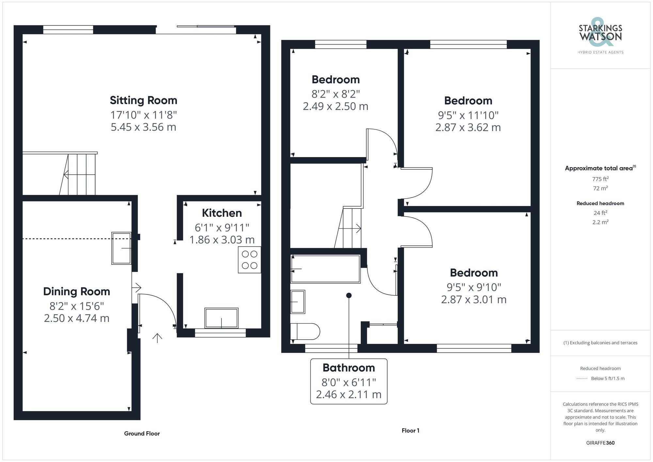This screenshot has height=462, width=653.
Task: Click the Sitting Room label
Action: (143, 100)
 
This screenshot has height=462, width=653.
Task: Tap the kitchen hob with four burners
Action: (249, 260)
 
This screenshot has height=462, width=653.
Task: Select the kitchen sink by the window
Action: (221, 318)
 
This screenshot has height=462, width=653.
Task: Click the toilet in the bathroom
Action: (305, 331)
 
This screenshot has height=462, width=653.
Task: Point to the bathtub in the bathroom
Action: (326, 269)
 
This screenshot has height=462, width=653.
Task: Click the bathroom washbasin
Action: (297, 302)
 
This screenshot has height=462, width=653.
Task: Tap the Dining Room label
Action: (76, 292)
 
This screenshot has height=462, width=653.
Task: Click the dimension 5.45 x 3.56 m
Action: (143, 127)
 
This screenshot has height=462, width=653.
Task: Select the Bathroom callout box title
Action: (348, 368)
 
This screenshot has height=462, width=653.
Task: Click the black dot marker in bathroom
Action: (349, 295)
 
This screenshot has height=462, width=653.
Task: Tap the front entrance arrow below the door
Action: (157, 338)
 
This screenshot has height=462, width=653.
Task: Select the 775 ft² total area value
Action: (600, 179)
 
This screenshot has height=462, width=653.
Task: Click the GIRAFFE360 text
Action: (600, 443)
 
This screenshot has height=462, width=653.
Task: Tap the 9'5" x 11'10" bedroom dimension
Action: (468, 115)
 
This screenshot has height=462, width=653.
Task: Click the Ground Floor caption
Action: (142, 434)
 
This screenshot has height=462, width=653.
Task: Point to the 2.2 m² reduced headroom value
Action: (600, 222)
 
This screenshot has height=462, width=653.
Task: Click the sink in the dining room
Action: (121, 248)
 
